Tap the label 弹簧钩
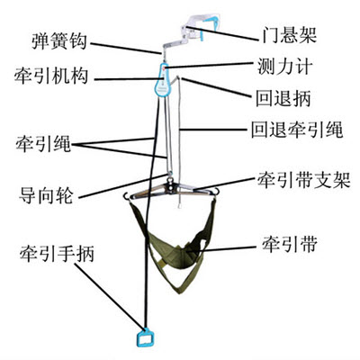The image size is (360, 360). tap(59, 41)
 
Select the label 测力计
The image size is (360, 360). tap(284, 66)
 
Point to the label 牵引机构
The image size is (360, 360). tap(51, 76)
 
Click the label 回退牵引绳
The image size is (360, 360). tap(297, 130)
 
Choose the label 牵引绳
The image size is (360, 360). tap(43, 144)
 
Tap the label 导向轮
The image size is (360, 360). tap(46, 196)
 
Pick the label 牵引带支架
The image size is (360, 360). tap(303, 180)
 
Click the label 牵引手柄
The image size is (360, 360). tap(57, 254)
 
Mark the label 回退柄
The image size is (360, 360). tap(283, 98)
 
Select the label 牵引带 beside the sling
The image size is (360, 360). tap(290, 244)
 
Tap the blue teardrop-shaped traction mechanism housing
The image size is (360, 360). tap(163, 80)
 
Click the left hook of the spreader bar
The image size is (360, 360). tap(126, 196)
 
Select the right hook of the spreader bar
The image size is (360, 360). tap(215, 193)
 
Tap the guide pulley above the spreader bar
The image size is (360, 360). tap(170, 175)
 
